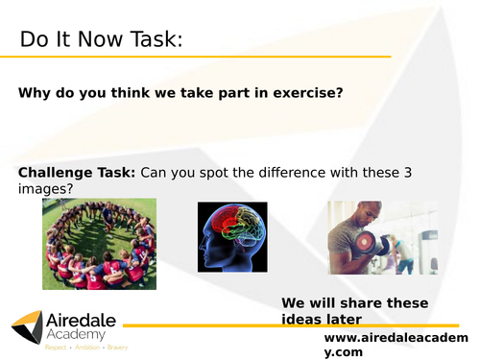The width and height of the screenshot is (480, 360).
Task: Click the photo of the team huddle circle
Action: tap(99, 243)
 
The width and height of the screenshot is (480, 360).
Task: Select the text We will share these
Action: tap(352, 302)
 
